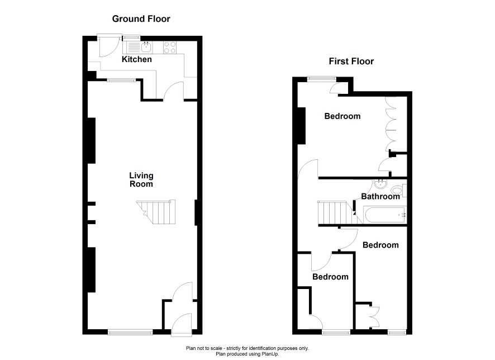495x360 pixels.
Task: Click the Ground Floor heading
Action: (x=141, y=19)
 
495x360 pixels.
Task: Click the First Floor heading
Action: (x=351, y=61)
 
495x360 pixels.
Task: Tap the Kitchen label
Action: (x=137, y=59)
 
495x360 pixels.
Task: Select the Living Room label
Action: (x=141, y=179)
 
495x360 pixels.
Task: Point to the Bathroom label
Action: (x=380, y=196)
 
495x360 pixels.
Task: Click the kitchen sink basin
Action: (x=146, y=48)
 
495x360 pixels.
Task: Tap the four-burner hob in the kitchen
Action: (x=170, y=48)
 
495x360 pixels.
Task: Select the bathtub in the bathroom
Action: (x=385, y=215)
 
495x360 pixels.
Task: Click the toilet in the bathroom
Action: (x=398, y=191)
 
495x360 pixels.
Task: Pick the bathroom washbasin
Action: (x=380, y=183)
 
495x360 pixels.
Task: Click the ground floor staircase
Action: (x=156, y=212)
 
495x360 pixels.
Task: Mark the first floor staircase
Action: (x=336, y=212)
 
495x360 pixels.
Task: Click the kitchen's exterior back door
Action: (x=109, y=45)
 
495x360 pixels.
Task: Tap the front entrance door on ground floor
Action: (x=182, y=325)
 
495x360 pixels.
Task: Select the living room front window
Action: (x=130, y=332)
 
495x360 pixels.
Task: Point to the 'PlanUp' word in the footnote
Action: (x=270, y=354)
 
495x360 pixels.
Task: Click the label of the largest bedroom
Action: (x=342, y=116)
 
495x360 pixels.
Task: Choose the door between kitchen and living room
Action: (x=173, y=91)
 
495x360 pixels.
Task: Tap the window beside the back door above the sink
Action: (x=131, y=37)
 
